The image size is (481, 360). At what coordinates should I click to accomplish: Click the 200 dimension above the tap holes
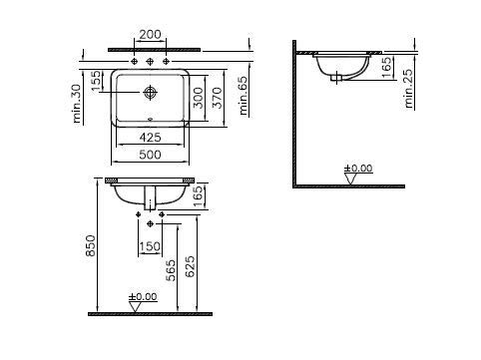(x=150, y=34)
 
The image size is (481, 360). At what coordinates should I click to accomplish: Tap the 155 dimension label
(x=96, y=81)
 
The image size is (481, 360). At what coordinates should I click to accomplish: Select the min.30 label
(x=77, y=104)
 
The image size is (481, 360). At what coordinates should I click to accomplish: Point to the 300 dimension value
(x=199, y=98)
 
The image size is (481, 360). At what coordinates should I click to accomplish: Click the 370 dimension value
(x=218, y=98)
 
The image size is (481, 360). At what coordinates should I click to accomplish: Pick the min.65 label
(x=243, y=96)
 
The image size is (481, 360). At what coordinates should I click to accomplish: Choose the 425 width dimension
(x=150, y=137)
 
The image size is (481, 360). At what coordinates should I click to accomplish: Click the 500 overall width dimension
(x=150, y=155)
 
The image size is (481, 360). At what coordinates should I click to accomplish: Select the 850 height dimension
(x=91, y=246)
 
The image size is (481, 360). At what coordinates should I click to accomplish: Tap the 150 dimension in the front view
(x=150, y=246)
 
